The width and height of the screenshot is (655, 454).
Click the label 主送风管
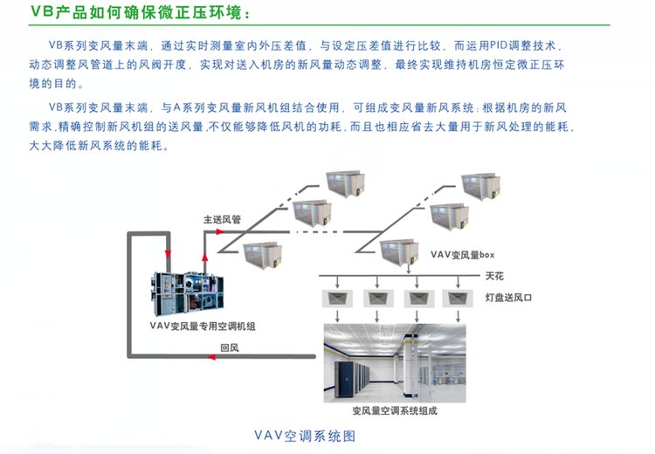pos(222,220)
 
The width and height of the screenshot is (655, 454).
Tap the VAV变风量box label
pos(463,255)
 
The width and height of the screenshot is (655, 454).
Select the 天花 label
pos(494,276)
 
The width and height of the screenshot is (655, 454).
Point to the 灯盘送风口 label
pos(508,298)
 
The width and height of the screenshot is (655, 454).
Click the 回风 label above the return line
pos(230,347)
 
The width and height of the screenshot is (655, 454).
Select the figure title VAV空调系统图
pos(305,435)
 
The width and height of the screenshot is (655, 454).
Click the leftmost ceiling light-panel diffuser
pos(335,298)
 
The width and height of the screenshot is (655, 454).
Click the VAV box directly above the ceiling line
pos(403,252)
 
